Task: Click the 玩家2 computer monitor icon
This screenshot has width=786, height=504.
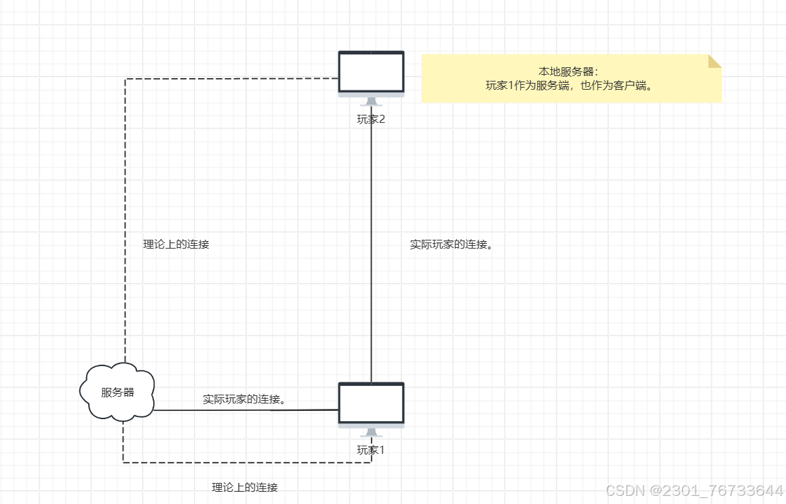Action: [371, 72]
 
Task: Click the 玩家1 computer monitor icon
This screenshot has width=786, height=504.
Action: [371, 403]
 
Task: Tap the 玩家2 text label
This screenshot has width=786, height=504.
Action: [371, 119]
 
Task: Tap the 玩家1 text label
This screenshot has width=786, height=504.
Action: [371, 450]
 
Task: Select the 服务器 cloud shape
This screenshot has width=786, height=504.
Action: [117, 393]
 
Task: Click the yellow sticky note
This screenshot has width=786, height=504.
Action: [571, 79]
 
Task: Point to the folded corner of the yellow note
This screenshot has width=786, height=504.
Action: [715, 61]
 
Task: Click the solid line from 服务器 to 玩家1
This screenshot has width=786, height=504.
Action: [244, 410]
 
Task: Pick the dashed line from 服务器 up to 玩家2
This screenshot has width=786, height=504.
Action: [125, 204]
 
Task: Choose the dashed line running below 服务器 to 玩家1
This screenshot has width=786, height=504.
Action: [244, 463]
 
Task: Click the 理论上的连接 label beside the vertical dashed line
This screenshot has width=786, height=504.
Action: [176, 245]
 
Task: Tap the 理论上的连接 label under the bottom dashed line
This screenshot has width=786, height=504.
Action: [245, 488]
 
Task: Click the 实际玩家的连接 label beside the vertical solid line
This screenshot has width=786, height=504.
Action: [451, 245]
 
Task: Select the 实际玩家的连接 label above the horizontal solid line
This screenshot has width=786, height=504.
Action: [243, 399]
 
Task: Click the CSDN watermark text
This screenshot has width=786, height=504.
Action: [694, 490]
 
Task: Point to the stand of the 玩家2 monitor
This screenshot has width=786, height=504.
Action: [371, 102]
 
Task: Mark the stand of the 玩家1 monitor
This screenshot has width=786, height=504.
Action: [371, 433]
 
